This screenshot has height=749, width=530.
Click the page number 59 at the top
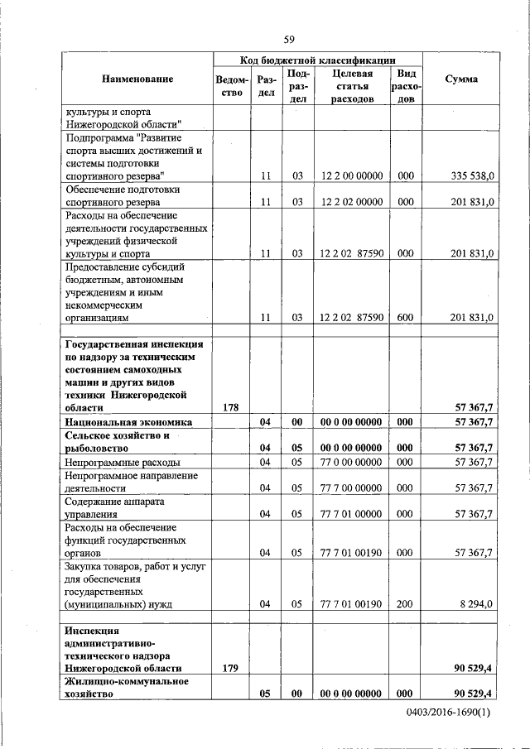coord(290,39)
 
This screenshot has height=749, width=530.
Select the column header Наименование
coord(137,79)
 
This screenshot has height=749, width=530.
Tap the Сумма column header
coord(460,79)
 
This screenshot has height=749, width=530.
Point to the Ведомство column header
coord(233,86)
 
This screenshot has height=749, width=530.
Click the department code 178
coord(232,407)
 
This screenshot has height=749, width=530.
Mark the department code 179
coord(232,667)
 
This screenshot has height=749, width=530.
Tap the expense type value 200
coord(405,604)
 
